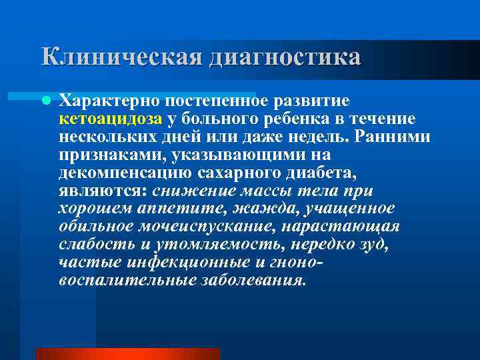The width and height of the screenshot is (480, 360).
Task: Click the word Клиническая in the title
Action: [x=119, y=56]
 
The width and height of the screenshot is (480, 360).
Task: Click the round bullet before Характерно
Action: [x=45, y=101]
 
